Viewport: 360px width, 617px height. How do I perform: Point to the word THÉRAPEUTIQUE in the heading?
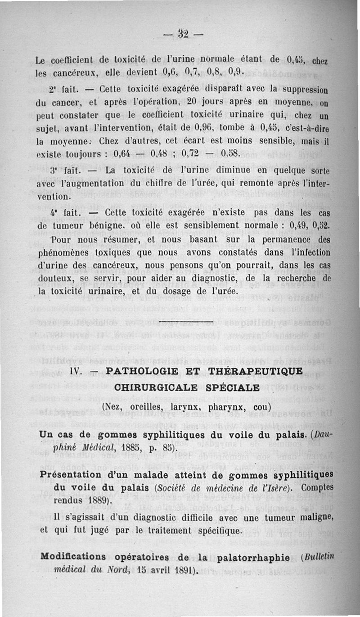point(256,371)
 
